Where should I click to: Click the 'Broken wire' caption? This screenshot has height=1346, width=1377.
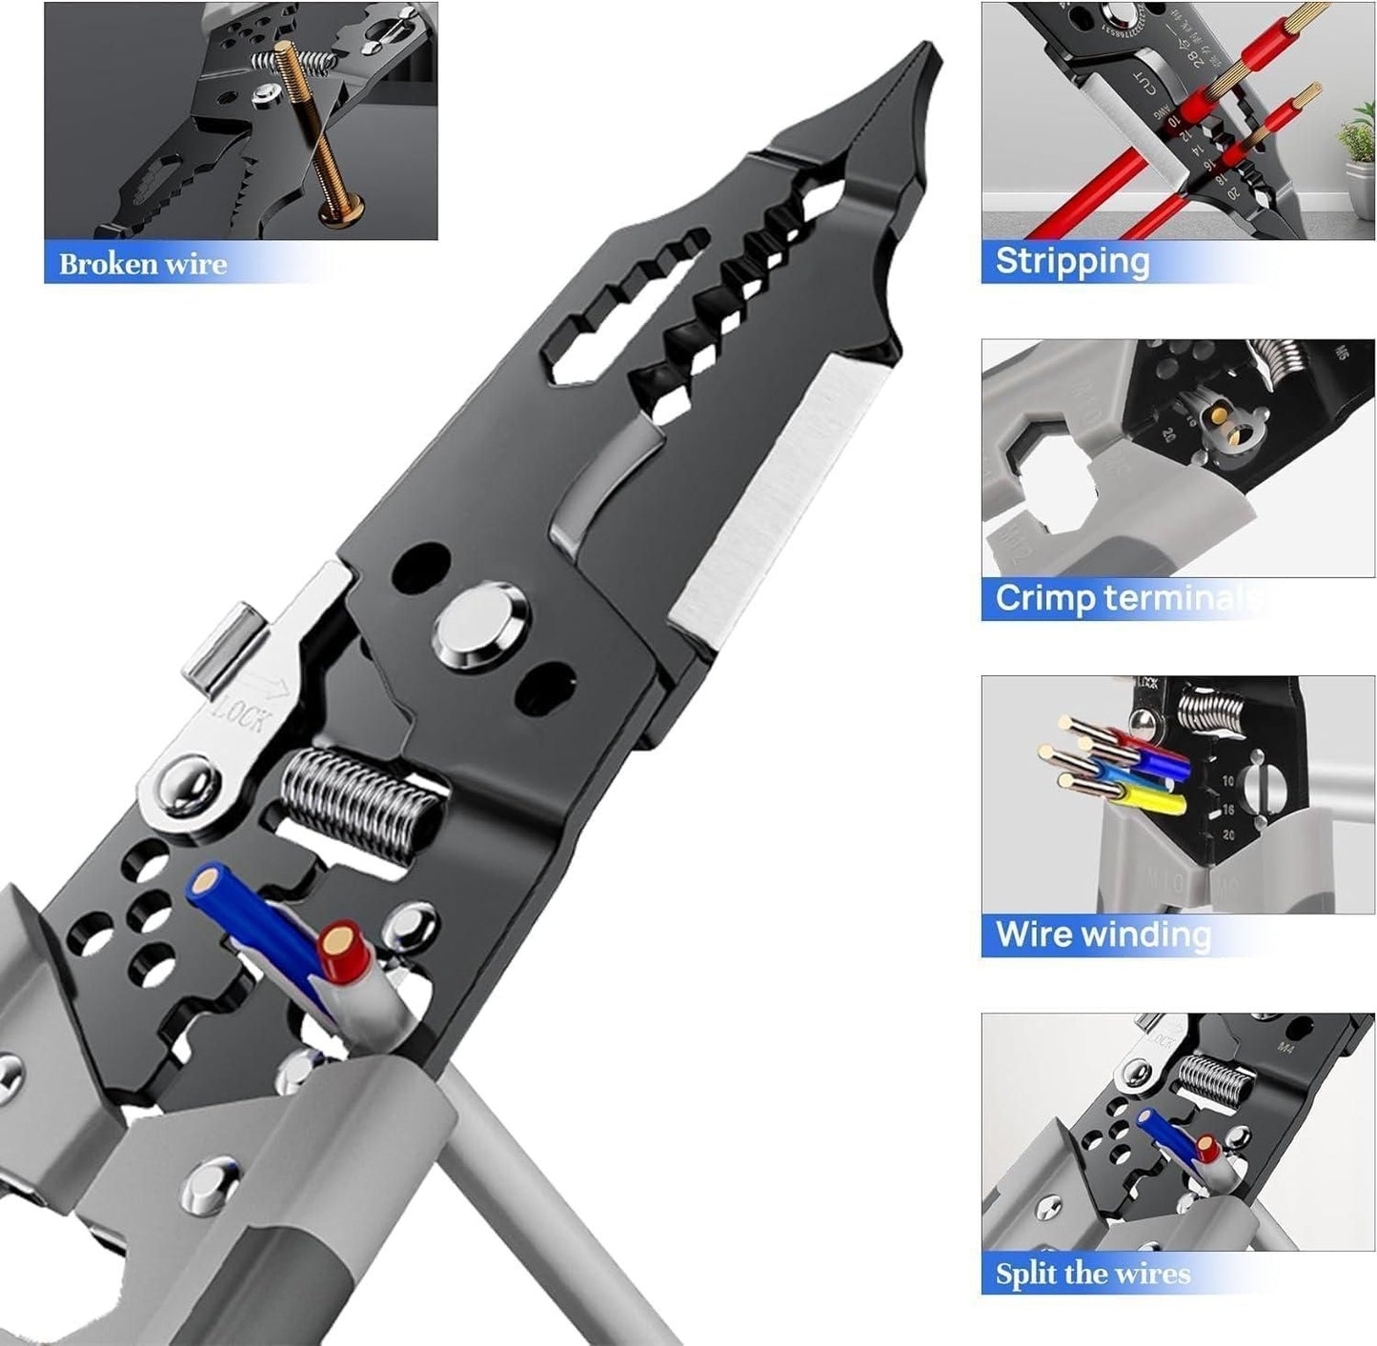[x=143, y=263]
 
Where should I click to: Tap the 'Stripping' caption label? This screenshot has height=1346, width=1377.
[x=1072, y=261]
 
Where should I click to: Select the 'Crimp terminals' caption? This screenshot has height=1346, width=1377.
[x=1124, y=598]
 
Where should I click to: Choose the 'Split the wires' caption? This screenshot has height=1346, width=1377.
[x=1093, y=1274]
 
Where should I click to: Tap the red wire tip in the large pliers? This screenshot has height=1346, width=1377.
[x=338, y=943]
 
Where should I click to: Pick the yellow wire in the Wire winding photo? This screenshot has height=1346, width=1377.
[x=1144, y=798]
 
